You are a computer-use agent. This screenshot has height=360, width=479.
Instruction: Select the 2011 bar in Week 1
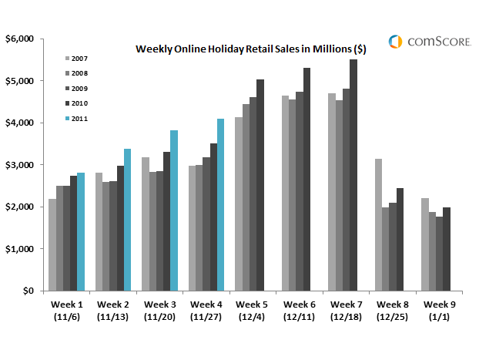81,232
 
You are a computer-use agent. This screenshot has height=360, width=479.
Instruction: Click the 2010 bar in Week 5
260,185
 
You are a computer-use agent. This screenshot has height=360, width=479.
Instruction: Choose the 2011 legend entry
78,119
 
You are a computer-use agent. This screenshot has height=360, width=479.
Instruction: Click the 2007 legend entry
78,57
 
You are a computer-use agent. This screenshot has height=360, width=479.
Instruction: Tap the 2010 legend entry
78,103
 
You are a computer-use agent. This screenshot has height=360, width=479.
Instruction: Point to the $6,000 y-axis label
20,39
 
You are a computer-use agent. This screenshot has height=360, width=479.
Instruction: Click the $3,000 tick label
20,165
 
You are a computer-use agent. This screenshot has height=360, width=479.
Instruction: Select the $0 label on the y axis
28,291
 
